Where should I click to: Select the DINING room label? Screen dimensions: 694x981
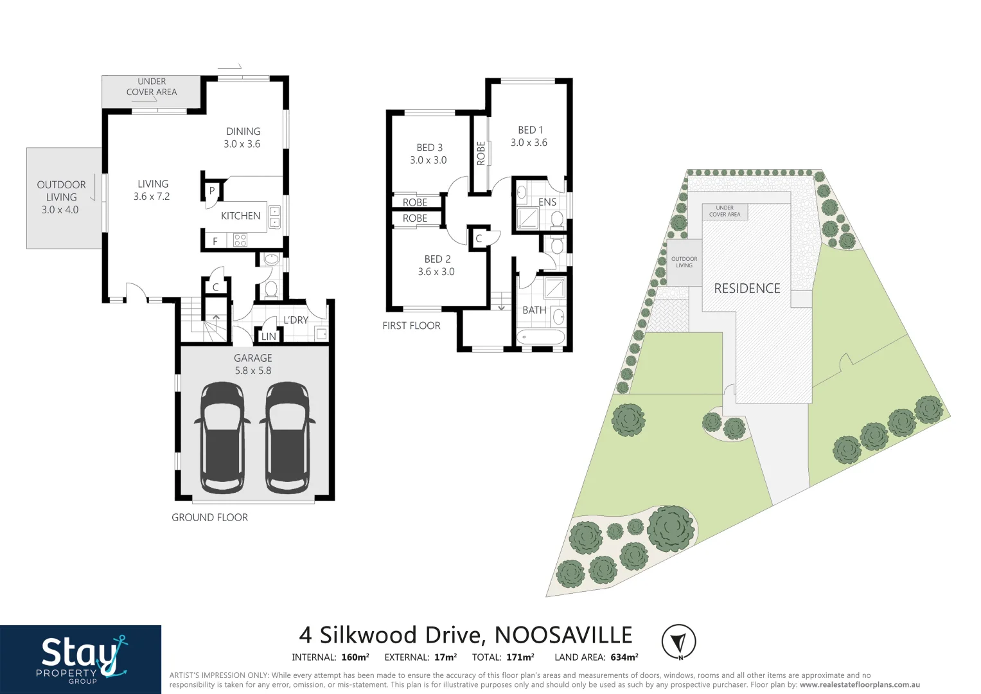click(x=243, y=131)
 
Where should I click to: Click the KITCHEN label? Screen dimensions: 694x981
click(x=240, y=216)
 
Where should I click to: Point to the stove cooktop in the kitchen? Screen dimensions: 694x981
click(x=240, y=240)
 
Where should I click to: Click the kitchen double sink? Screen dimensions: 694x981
click(x=274, y=217)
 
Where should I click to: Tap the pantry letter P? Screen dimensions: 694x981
click(x=212, y=191)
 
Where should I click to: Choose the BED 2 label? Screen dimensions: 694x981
click(x=437, y=259)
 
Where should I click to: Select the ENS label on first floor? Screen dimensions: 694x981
click(x=547, y=202)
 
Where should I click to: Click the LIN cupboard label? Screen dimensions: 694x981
click(x=269, y=336)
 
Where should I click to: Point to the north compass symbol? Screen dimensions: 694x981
click(x=679, y=641)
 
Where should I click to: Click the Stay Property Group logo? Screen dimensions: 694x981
click(x=81, y=659)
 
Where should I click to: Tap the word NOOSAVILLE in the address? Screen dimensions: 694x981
click(x=563, y=635)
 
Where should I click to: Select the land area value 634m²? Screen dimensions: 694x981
click(x=624, y=657)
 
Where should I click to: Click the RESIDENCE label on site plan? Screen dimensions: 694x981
click(x=747, y=289)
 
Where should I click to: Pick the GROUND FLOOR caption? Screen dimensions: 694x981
click(x=209, y=517)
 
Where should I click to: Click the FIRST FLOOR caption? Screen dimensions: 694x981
click(x=411, y=326)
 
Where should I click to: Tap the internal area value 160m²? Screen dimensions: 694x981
click(x=355, y=657)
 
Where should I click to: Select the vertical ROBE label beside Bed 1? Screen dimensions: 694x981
click(x=481, y=154)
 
